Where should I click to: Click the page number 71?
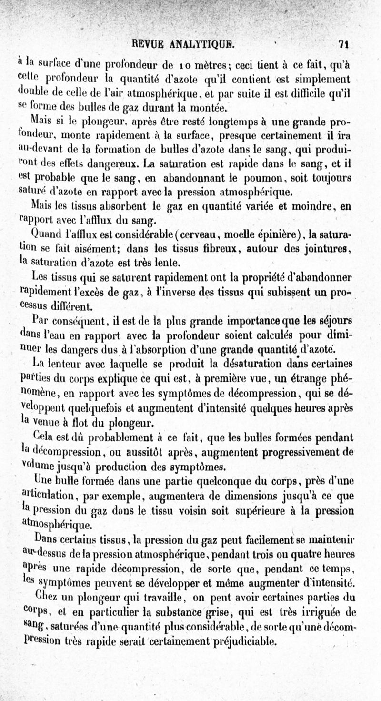344,44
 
